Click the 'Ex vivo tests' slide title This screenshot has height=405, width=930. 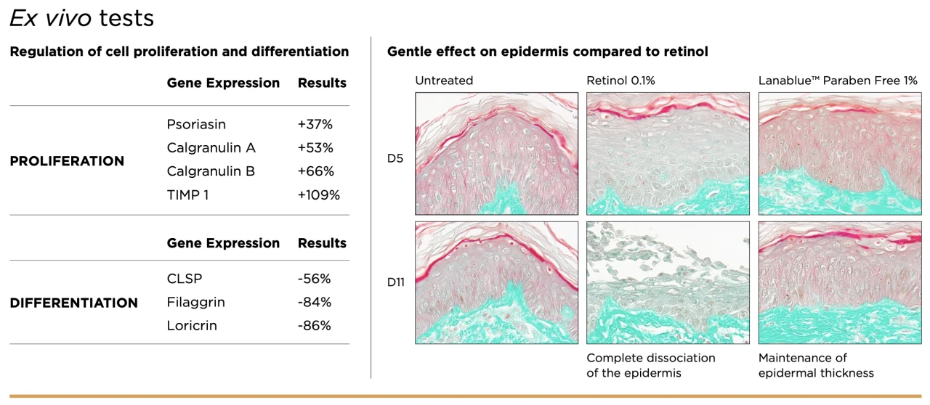point(82,18)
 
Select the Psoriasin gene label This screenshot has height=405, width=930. point(196,124)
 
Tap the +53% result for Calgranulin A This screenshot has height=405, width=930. point(315,148)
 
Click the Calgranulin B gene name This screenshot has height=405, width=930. point(211,171)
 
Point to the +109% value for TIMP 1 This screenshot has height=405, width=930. point(318,195)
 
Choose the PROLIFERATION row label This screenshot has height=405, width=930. point(67,161)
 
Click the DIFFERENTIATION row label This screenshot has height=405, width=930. point(73,303)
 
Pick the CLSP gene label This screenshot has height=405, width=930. point(185,279)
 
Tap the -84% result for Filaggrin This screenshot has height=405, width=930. point(315,302)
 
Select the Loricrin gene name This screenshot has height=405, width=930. point(192,325)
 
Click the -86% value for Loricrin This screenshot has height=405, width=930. point(315,325)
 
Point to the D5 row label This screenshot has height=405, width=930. point(395,158)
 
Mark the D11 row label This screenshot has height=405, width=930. point(396,282)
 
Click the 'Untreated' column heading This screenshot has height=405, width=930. point(444,81)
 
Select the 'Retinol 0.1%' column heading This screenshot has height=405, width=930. point(620,81)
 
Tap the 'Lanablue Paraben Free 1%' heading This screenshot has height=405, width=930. point(838,81)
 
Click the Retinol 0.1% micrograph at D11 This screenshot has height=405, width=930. point(668,282)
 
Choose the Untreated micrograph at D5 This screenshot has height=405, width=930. point(496,154)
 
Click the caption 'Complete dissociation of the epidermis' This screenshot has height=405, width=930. point(651,366)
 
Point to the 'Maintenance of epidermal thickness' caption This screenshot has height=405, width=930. point(816,366)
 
